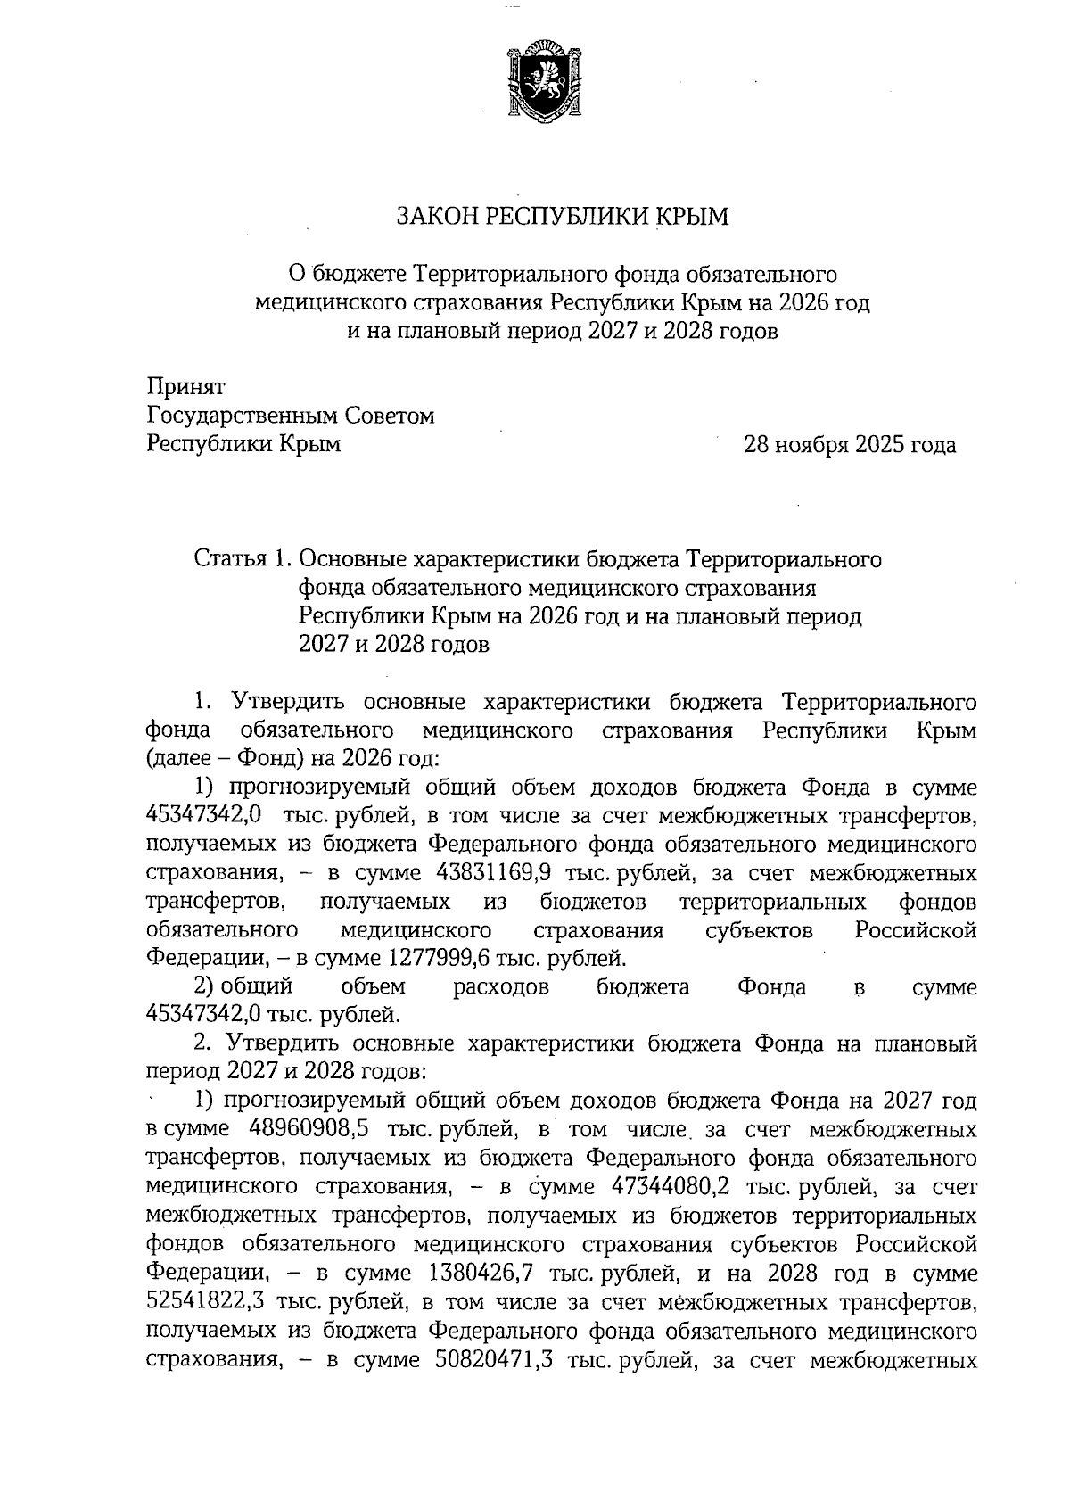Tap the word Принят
coord(185,387)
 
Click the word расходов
coord(501,987)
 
